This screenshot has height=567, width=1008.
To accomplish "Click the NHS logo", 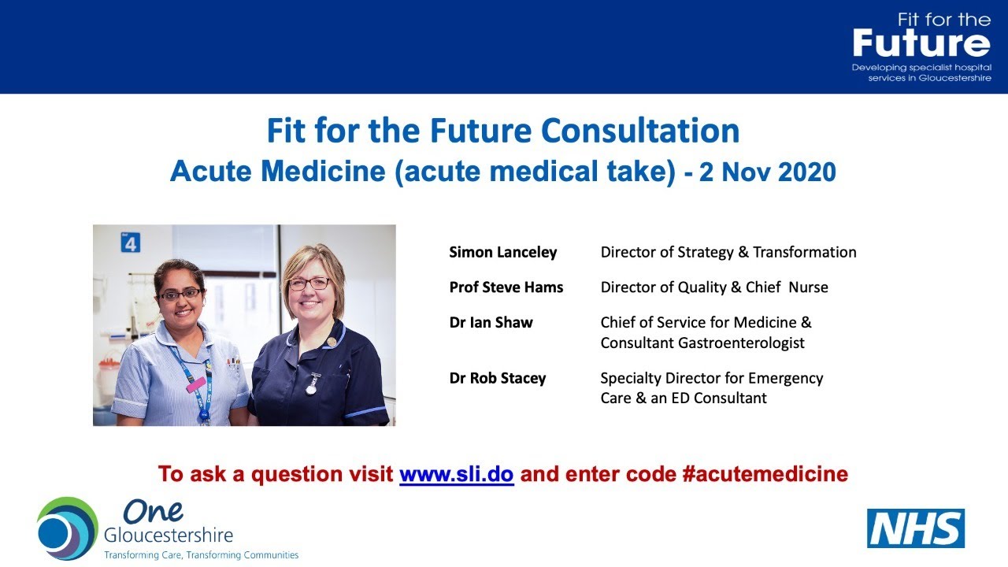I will (x=916, y=528).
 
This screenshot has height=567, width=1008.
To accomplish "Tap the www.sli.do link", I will (x=457, y=474).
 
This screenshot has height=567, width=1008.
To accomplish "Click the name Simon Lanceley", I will (x=503, y=252).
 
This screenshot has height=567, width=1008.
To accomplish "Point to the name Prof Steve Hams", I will (x=506, y=287).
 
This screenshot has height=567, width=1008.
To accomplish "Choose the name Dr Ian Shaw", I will (x=491, y=322).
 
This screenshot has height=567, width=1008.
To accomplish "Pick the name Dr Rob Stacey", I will (x=498, y=378).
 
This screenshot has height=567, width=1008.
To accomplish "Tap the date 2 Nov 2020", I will (x=767, y=172).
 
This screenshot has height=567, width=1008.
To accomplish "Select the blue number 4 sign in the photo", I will (x=131, y=243).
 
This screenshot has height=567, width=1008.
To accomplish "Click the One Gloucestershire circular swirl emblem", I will (x=66, y=528).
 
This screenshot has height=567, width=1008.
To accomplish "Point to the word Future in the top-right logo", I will (x=921, y=43).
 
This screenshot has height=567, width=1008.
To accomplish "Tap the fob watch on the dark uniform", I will (x=312, y=384).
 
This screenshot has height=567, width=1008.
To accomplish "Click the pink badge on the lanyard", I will (x=195, y=384).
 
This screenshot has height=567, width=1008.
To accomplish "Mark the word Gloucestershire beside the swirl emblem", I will (x=169, y=535).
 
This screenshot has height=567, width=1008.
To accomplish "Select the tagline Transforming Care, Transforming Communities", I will (x=202, y=555).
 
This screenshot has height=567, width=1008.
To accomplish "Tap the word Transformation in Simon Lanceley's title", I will (x=805, y=252).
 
